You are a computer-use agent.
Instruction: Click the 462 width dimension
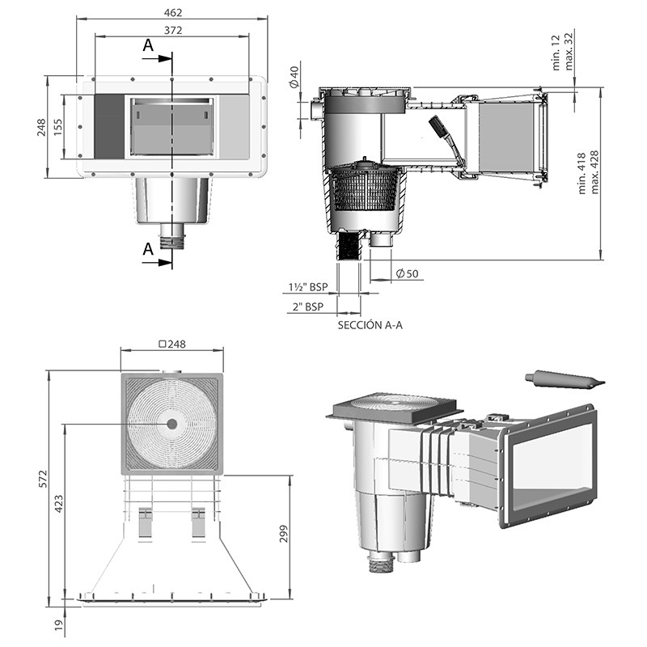tap(173, 13)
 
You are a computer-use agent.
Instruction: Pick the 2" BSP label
tap(307, 306)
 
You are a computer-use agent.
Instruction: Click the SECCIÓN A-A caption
tap(371, 325)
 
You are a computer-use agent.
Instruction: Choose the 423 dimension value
tap(57, 504)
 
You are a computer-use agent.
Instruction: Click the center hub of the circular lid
tap(171, 425)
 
